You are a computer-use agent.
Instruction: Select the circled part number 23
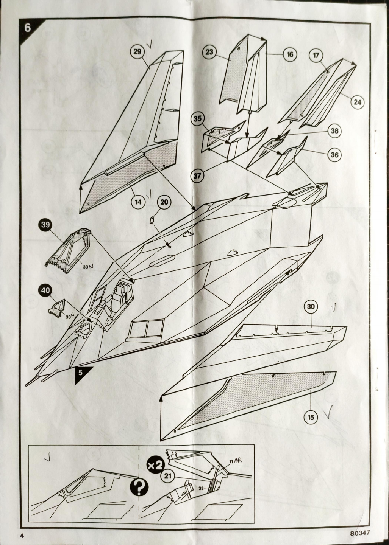(209, 52)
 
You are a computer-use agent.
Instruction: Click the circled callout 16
(290, 54)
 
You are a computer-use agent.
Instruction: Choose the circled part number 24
(357, 102)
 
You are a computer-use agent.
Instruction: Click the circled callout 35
(198, 118)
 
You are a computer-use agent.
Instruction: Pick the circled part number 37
(197, 175)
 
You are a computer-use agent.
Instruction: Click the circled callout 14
(138, 202)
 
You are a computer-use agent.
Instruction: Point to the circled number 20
(164, 202)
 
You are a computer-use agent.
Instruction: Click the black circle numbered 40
(45, 290)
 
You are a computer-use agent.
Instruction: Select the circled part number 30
(311, 306)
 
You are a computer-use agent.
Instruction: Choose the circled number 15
(311, 417)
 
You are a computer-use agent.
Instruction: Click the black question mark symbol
(139, 487)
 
